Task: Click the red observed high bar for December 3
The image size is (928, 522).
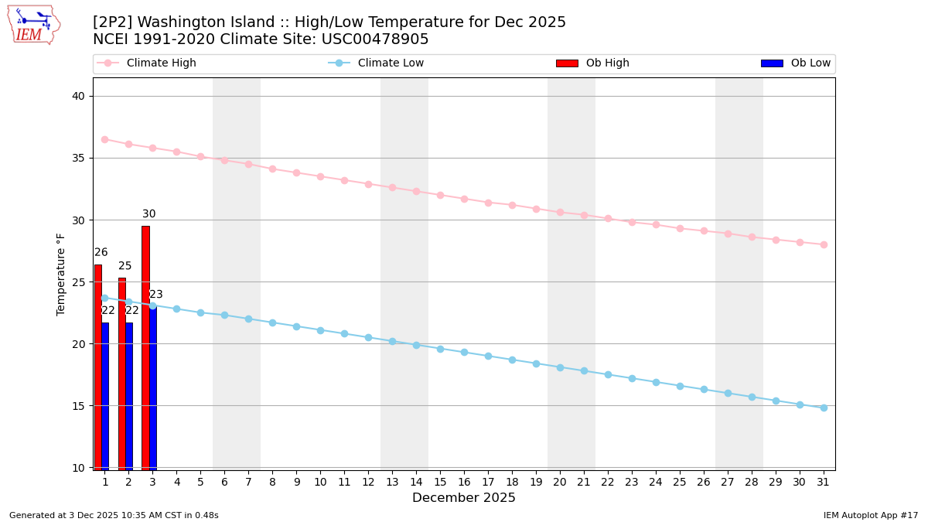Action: (x=145, y=348)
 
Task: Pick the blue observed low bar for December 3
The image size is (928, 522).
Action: (x=153, y=387)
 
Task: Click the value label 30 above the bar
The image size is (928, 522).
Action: (x=148, y=214)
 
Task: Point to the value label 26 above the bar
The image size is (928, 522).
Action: (x=101, y=253)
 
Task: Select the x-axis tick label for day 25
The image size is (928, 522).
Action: (x=680, y=482)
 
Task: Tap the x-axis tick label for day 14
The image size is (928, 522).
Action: (x=416, y=482)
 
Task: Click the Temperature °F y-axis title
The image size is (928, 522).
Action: (x=61, y=274)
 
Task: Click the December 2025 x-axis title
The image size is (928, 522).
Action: (x=463, y=498)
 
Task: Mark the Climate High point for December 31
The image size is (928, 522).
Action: (x=824, y=244)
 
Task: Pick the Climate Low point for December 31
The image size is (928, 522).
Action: (x=824, y=408)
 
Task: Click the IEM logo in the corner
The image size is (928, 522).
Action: (x=33, y=25)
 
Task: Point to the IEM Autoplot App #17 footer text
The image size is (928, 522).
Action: (x=871, y=515)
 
